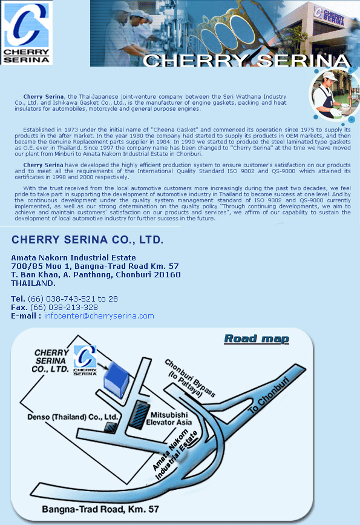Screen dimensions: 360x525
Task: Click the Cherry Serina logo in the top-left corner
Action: [27, 33]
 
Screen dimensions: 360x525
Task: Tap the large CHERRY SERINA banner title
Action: [247, 60]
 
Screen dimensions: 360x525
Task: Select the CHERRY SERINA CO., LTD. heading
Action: [88, 240]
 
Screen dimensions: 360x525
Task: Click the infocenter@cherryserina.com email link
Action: [99, 316]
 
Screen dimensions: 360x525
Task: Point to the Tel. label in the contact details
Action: [18, 299]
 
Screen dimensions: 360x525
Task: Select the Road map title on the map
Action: [257, 338]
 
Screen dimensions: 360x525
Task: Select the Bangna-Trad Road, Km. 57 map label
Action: [100, 509]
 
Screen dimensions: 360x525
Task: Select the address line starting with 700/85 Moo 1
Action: [95, 266]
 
